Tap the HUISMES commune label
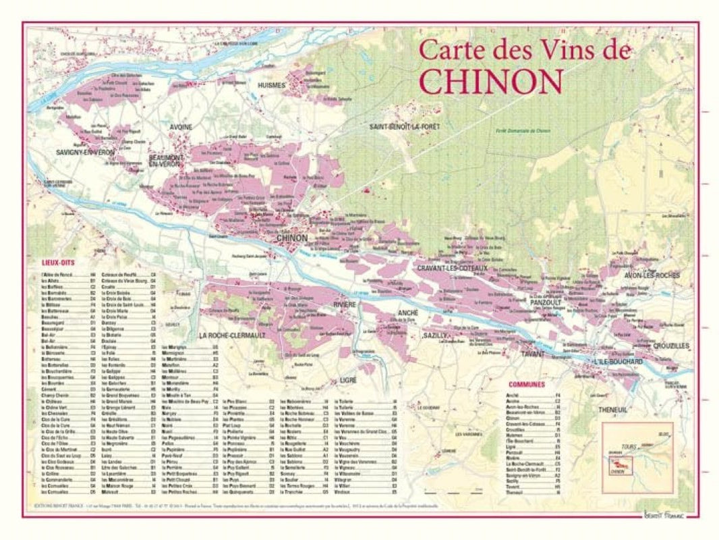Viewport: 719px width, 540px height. coord(272,86)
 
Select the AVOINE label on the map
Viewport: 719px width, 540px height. coord(180,127)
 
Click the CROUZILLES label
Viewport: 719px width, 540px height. coord(671,346)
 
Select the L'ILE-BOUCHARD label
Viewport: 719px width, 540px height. coord(618,362)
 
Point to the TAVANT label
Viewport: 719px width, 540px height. coord(532,353)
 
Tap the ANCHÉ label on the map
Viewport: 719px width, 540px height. coord(408,313)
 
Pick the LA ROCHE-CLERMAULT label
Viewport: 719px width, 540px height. coord(232,335)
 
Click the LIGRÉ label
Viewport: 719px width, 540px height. coord(348,381)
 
